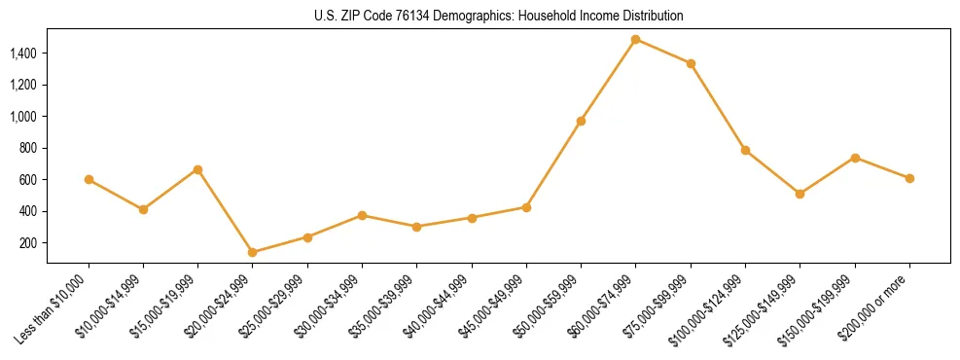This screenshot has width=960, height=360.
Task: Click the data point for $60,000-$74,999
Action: pos(635,40)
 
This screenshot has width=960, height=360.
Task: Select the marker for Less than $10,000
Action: pos(89,179)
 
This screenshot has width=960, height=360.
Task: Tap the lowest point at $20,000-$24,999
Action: pos(253,252)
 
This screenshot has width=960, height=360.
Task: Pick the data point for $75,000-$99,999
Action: pos(691,63)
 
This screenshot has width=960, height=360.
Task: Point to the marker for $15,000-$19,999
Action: pos(197,169)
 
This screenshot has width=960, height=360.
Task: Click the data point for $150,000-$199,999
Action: pos(855,158)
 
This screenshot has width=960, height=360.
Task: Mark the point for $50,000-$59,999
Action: pos(581,121)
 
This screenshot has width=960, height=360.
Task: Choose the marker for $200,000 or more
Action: pos(909,178)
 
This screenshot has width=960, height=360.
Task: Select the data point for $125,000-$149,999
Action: pos(800,194)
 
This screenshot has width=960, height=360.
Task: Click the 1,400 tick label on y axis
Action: pos(23,54)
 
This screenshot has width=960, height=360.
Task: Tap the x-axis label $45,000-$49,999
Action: pos(491,306)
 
